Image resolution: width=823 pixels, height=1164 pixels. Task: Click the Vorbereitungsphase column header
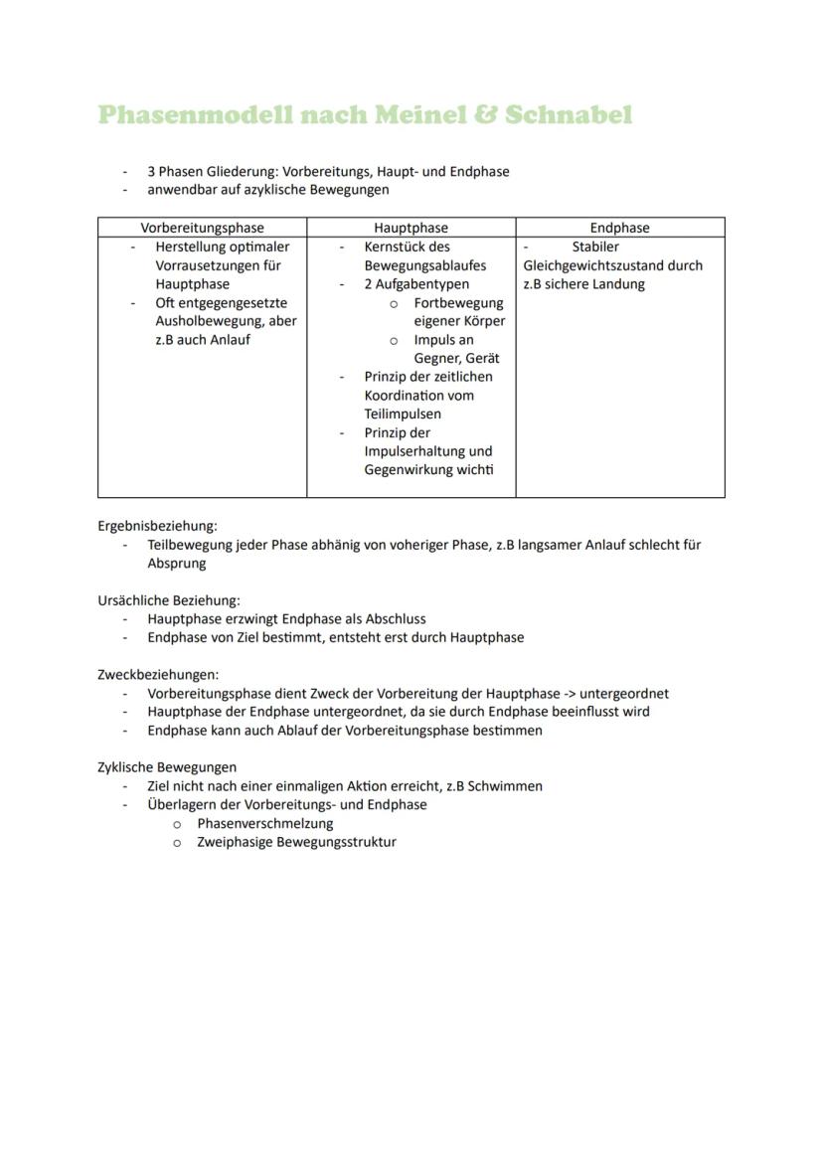pyautogui.click(x=202, y=228)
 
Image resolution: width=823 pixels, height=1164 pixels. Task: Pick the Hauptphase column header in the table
pyautogui.click(x=411, y=228)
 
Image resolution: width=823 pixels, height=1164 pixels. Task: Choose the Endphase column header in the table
pyautogui.click(x=619, y=228)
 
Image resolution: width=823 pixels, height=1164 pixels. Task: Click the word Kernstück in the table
pyautogui.click(x=394, y=247)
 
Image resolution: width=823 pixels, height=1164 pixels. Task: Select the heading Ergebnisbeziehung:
pyautogui.click(x=157, y=526)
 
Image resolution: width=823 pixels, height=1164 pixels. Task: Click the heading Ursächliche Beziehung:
pyautogui.click(x=168, y=600)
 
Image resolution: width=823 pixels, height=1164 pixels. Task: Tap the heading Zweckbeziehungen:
pyautogui.click(x=158, y=674)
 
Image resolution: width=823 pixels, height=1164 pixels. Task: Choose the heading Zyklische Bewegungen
pyautogui.click(x=167, y=767)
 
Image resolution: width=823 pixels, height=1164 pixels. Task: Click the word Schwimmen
pyautogui.click(x=508, y=786)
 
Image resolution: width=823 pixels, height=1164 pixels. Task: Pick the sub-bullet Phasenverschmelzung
pyautogui.click(x=265, y=823)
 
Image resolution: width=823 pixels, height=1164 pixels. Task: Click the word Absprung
pyautogui.click(x=177, y=563)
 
